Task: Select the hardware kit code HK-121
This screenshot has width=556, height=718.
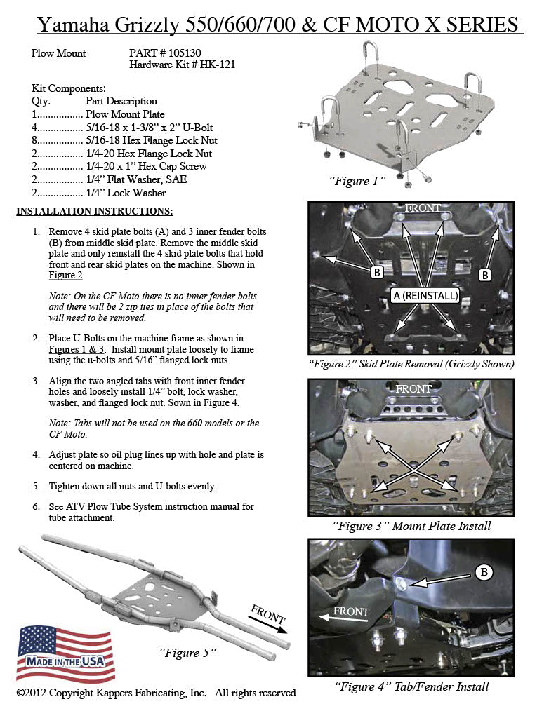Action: (217, 65)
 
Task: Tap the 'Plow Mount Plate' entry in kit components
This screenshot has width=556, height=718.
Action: (125, 114)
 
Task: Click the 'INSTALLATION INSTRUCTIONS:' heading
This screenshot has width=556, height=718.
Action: (94, 211)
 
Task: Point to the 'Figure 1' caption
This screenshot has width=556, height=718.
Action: (358, 181)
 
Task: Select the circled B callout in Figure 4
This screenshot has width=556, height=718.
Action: (483, 573)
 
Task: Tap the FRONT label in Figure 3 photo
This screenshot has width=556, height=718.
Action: (413, 388)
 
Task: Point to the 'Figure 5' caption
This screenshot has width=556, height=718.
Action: (187, 653)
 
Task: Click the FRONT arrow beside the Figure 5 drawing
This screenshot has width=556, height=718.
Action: (268, 618)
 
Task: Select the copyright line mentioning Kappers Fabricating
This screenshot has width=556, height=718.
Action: (156, 693)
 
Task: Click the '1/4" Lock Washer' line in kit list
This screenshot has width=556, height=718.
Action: (125, 193)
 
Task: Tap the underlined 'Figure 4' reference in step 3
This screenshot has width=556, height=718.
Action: (220, 403)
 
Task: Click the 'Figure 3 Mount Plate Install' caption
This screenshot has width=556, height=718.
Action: (411, 526)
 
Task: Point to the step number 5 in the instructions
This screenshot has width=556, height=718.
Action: (36, 486)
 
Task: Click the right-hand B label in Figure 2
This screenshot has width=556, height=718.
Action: (484, 275)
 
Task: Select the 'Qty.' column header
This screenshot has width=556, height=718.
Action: (41, 101)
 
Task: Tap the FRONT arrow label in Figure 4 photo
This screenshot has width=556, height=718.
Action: (350, 612)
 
